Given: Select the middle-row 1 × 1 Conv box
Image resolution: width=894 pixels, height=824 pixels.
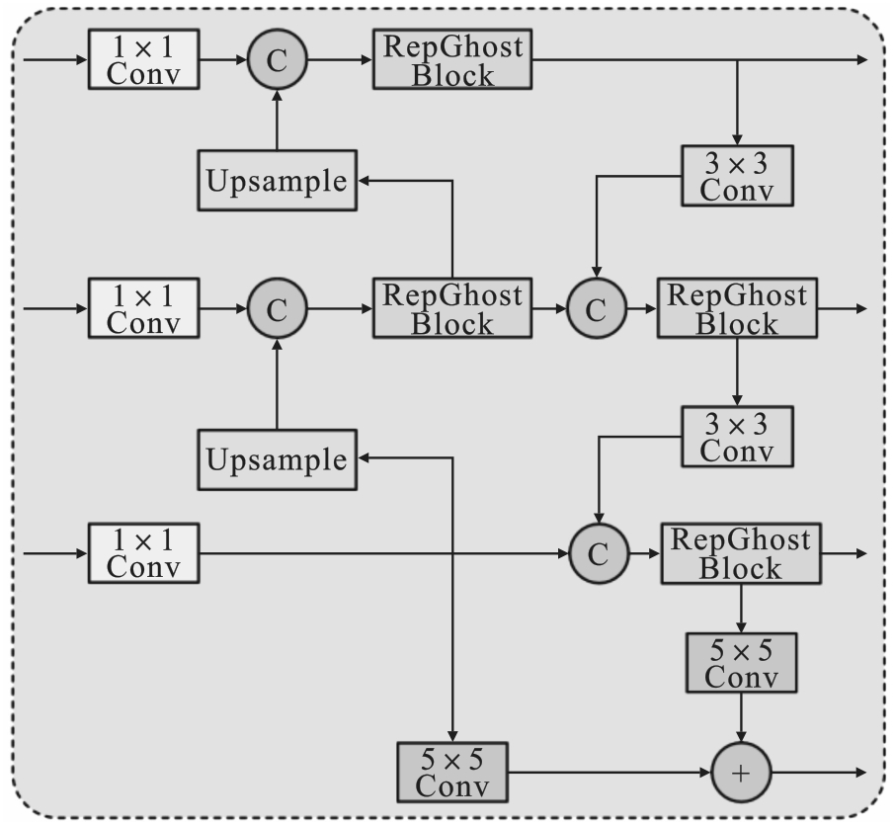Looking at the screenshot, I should pyautogui.click(x=144, y=308).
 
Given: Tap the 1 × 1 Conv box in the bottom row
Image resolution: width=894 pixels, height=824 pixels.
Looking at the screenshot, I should pyautogui.click(x=144, y=552).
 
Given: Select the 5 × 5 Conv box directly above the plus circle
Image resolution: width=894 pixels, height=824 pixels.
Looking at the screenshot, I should pyautogui.click(x=741, y=663).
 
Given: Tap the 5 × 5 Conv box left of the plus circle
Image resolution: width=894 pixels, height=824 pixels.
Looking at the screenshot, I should pyautogui.click(x=452, y=773).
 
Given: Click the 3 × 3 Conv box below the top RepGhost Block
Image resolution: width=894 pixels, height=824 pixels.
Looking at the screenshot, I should pyautogui.click(x=737, y=175).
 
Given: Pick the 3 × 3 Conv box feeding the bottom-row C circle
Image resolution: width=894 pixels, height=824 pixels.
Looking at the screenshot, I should pyautogui.click(x=737, y=436).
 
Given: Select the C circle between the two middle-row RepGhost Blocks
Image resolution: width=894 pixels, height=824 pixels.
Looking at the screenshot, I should pyautogui.click(x=596, y=308).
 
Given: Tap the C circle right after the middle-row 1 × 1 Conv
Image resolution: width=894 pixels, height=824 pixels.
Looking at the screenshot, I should pyautogui.click(x=278, y=308).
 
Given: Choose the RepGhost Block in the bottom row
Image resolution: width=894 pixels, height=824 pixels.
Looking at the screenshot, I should pyautogui.click(x=740, y=552).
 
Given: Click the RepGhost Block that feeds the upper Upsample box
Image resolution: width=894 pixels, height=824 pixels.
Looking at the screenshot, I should pyautogui.click(x=452, y=308).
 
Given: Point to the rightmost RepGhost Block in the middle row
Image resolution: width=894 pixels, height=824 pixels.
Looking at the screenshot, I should pyautogui.click(x=737, y=308).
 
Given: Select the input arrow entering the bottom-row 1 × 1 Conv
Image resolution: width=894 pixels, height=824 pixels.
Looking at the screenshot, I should pyautogui.click(x=54, y=552).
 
